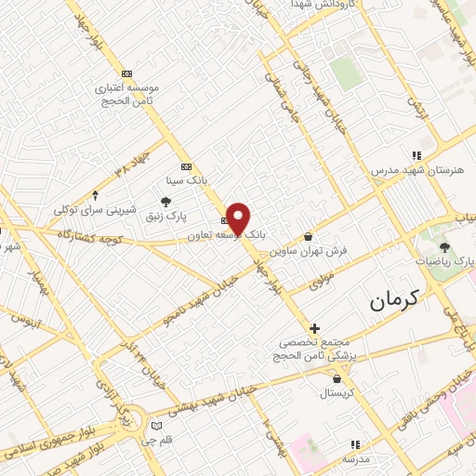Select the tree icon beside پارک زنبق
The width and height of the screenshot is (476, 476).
tap(165, 202)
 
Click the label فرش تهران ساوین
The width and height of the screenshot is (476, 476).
tap(308, 251)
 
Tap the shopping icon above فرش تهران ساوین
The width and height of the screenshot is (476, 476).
tap(308, 236)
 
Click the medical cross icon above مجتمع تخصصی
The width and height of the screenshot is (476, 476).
tap(314, 328)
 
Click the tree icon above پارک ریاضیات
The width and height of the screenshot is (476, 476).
tap(445, 247)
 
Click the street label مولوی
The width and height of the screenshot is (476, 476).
tap(323, 280)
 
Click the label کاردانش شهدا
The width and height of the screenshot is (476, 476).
tap(294, 5)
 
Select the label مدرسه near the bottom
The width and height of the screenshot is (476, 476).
tap(355, 459)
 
